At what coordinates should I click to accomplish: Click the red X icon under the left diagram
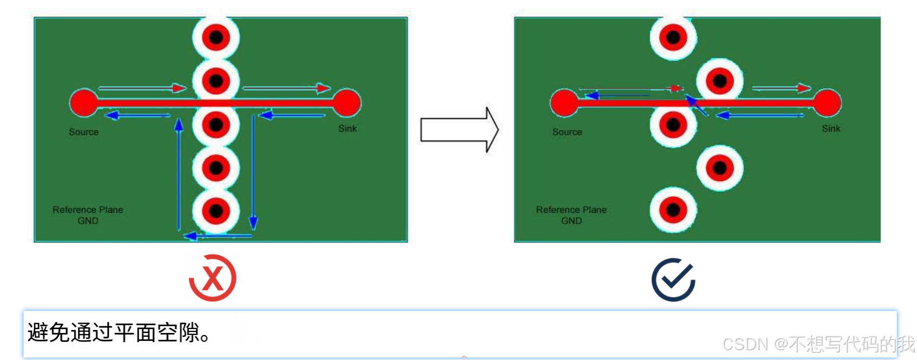tap(213, 278)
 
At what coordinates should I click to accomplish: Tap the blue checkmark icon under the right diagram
tap(673, 280)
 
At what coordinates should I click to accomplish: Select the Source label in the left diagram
tap(84, 132)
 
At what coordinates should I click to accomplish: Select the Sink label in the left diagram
tap(348, 129)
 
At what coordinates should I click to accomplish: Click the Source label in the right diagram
tap(567, 132)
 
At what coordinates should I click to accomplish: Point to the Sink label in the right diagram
tap(831, 129)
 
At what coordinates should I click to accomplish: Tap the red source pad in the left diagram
tap(84, 103)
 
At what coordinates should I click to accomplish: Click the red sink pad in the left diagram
tap(347, 103)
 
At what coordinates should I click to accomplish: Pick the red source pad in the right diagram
tap(564, 103)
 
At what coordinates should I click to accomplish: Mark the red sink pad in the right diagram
tap(828, 103)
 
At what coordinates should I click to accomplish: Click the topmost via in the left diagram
tap(216, 37)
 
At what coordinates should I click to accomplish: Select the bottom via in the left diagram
tap(216, 211)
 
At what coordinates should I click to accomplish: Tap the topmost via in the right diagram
tap(673, 37)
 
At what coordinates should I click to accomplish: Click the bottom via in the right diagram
tap(673, 210)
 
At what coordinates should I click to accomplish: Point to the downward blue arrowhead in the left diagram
tap(253, 223)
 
